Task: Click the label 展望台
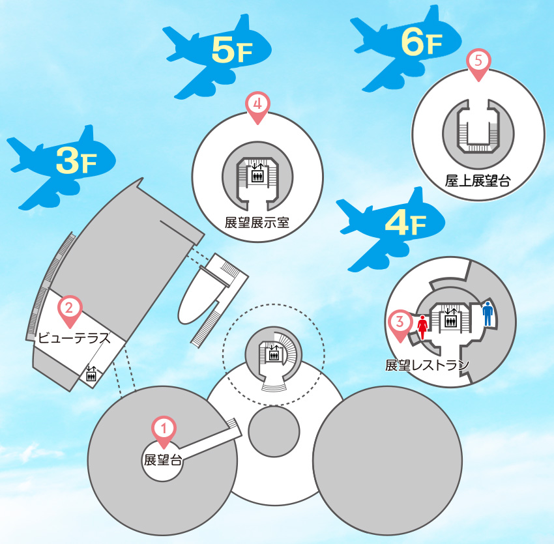(162, 460)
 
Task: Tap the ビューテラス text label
(73, 337)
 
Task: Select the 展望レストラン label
(427, 365)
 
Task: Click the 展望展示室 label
(257, 222)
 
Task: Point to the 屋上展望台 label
(477, 180)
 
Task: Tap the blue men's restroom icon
(487, 314)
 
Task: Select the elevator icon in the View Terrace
(91, 374)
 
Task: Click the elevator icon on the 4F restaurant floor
(450, 319)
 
